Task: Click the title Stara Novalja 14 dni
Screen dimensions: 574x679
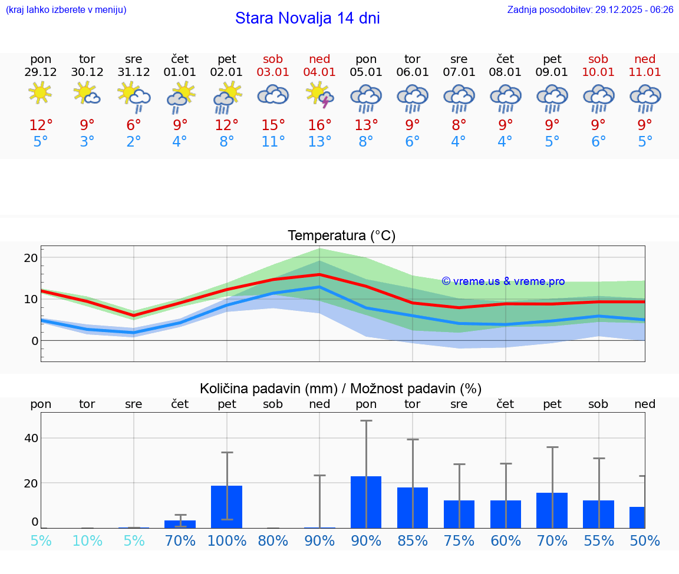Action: (x=307, y=18)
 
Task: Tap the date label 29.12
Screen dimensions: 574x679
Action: (x=41, y=72)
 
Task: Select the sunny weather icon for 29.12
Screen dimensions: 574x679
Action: (x=40, y=93)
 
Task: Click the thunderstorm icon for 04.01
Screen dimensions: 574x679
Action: (x=319, y=95)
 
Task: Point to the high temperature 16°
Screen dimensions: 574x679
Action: (x=319, y=125)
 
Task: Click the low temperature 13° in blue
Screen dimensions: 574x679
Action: (x=319, y=141)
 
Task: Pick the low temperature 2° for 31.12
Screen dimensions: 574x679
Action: (x=134, y=141)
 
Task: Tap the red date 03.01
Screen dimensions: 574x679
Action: (x=273, y=72)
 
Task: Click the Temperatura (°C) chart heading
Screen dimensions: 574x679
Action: (x=341, y=235)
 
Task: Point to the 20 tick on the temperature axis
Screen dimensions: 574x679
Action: (x=31, y=258)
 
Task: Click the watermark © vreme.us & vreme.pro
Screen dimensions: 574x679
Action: (x=503, y=281)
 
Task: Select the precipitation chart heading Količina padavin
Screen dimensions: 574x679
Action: (x=341, y=389)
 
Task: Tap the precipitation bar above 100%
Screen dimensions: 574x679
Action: (x=227, y=506)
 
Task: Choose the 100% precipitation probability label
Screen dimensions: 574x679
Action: (x=227, y=540)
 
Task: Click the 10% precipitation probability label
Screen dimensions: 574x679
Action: (x=87, y=540)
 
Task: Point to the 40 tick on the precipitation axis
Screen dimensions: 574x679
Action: (x=31, y=438)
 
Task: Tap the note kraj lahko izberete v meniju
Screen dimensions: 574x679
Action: (x=65, y=10)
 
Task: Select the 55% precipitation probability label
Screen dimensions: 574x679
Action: (x=599, y=540)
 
